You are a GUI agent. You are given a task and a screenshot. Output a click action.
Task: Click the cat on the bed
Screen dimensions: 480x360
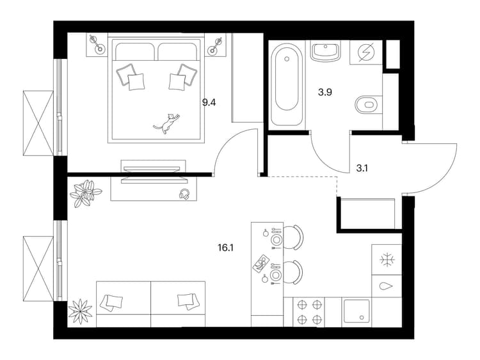167,123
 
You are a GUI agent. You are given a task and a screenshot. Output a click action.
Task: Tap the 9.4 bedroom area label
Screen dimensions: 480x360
209,102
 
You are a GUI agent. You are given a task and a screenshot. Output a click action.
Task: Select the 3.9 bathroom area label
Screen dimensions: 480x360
324,92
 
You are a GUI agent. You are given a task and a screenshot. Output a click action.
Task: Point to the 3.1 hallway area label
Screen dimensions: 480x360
362,168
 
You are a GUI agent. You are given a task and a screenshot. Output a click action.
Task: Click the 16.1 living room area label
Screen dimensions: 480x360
226,247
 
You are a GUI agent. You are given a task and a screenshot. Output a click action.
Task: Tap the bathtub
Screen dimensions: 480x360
287,84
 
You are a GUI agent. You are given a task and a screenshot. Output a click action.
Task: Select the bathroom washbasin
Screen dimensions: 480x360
325,51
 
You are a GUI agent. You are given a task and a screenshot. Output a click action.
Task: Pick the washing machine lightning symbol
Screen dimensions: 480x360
366,52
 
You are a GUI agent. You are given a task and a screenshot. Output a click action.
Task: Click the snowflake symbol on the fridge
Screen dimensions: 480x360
387,260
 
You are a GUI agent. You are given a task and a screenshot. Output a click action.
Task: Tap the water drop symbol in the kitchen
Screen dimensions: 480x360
386,286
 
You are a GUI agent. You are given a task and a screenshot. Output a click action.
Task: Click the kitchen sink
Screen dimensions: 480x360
356,311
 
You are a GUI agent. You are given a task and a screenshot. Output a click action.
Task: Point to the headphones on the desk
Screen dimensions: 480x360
184,194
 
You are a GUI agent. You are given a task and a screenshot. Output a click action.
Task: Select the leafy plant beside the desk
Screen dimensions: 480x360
85,193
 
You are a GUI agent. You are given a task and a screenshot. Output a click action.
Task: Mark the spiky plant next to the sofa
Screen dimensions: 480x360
80,311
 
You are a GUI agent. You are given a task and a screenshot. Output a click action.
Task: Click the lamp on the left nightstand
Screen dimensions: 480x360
96,44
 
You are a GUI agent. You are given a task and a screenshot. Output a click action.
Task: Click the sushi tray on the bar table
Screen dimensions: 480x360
261,263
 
